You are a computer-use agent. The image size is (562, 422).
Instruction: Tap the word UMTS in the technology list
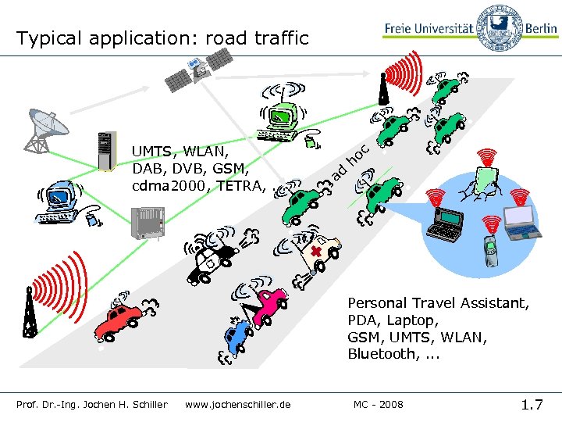pos(153,151)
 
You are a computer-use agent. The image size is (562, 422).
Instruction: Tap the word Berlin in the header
pos(540,29)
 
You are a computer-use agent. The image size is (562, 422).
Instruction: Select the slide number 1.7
pos(532,404)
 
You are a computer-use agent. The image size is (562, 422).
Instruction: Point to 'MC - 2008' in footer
pos(379,404)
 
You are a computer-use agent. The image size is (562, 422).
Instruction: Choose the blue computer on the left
pos(59,199)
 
